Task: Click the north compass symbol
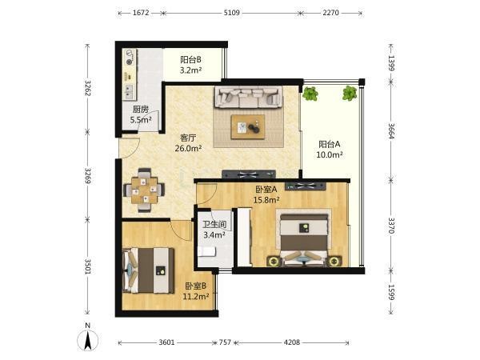pyautogui.click(x=87, y=338)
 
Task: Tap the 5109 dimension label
pyautogui.click(x=232, y=13)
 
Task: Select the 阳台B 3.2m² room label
pyautogui.click(x=190, y=65)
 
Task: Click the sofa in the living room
pyautogui.click(x=248, y=98)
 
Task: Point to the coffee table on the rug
pyautogui.click(x=248, y=127)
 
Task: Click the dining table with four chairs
pyautogui.click(x=144, y=190)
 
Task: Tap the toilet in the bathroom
pyautogui.click(x=206, y=252)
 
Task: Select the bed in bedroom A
pyautogui.click(x=304, y=239)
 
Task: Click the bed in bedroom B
pyautogui.click(x=149, y=270)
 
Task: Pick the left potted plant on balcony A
pyautogui.click(x=310, y=94)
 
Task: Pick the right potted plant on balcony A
pyautogui.click(x=350, y=93)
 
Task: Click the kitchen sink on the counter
pyautogui.click(x=129, y=90)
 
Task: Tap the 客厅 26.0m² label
pyautogui.click(x=188, y=143)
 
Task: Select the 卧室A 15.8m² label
pyautogui.click(x=266, y=194)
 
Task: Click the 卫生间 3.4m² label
pyautogui.click(x=214, y=230)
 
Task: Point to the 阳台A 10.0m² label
pyautogui.click(x=330, y=150)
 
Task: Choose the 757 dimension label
pyautogui.click(x=225, y=342)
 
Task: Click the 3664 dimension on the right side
pyautogui.click(x=391, y=130)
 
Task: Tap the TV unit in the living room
pyautogui.click(x=248, y=174)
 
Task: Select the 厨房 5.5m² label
pyautogui.click(x=141, y=114)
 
